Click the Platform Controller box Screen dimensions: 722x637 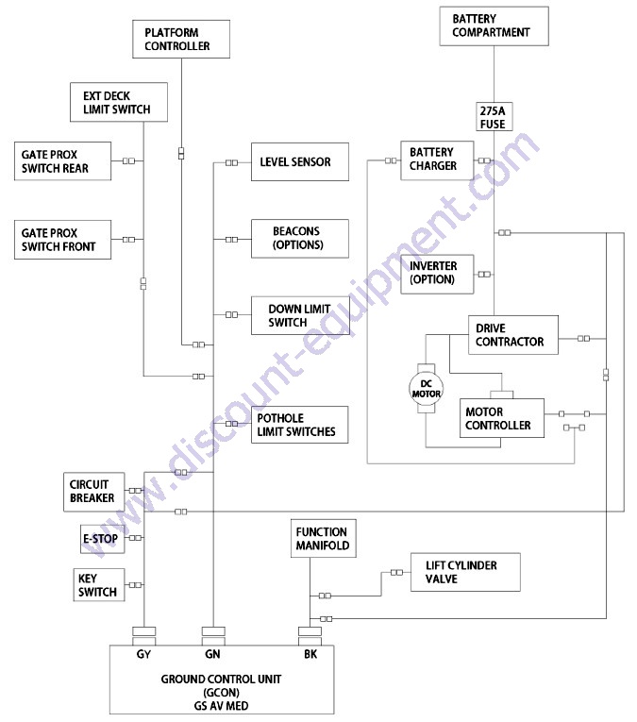[179, 39]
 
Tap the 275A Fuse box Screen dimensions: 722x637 [494, 116]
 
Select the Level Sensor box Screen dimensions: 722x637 [298, 162]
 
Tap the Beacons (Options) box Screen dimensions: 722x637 [298, 238]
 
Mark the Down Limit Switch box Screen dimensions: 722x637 [298, 315]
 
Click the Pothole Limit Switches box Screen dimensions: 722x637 [298, 426]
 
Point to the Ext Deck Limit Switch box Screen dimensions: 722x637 [119, 102]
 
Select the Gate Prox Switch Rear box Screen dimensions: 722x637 [62, 161]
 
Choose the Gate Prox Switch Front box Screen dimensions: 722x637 [62, 241]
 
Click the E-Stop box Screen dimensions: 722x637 [100, 538]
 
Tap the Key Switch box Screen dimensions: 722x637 [97, 585]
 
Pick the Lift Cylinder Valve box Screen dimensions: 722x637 [464, 572]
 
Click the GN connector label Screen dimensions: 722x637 [213, 652]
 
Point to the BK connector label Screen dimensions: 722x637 [310, 652]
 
